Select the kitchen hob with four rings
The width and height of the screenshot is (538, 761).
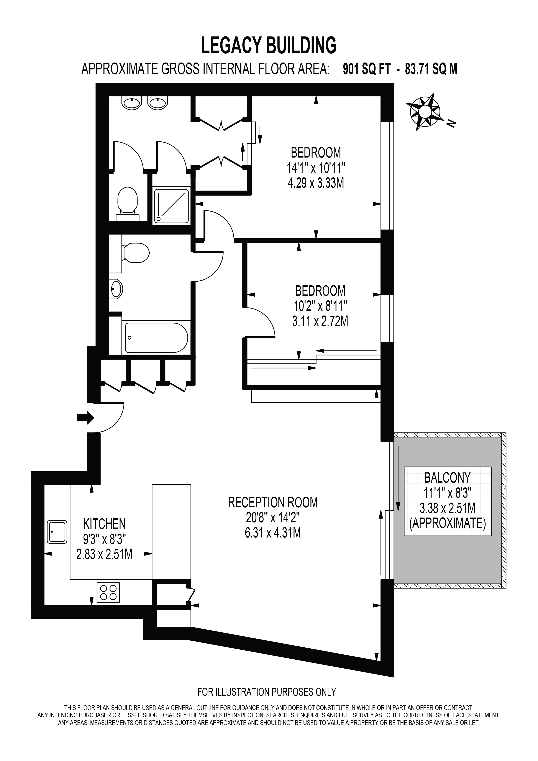click(108, 592)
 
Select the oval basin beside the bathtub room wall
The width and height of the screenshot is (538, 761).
click(116, 289)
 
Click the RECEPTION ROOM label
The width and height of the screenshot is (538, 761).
click(273, 503)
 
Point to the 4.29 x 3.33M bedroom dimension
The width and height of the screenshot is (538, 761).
click(316, 183)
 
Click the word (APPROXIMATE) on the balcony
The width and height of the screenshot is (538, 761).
click(447, 523)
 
